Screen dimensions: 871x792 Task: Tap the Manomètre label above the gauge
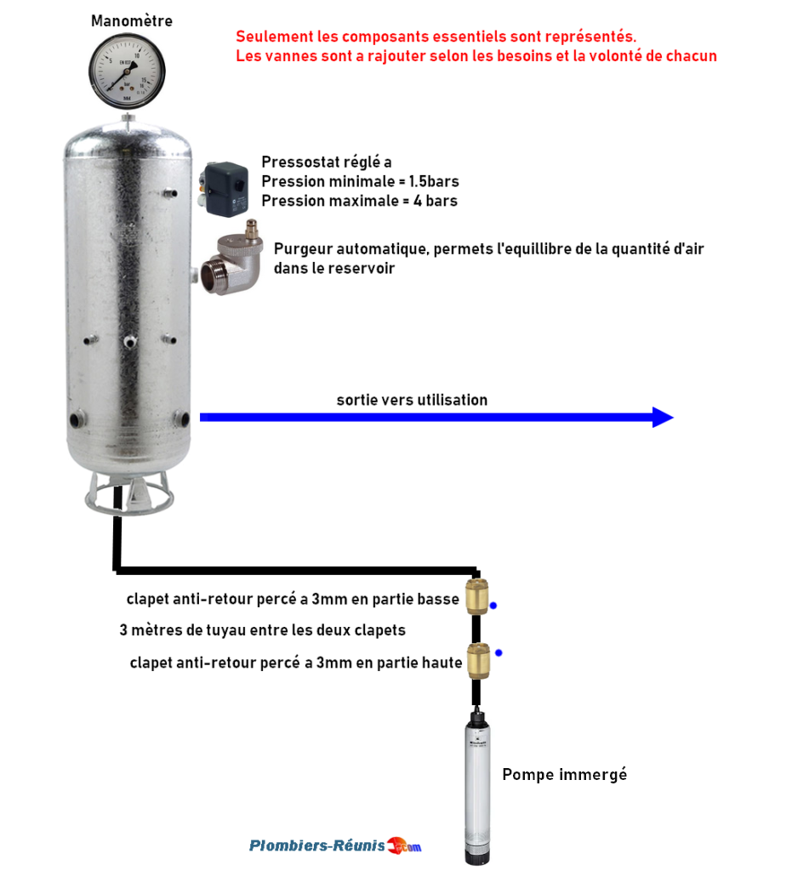pyautogui.click(x=131, y=20)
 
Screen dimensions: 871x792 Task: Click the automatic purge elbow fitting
pyautogui.click(x=231, y=260)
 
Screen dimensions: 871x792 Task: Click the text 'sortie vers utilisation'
pyautogui.click(x=412, y=400)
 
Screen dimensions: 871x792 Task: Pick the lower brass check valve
pyautogui.click(x=476, y=659)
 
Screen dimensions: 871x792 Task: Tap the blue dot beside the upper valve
pyautogui.click(x=493, y=606)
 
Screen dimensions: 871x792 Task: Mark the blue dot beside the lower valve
pyautogui.click(x=499, y=652)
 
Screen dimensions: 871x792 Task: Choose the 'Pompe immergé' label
pyautogui.click(x=564, y=775)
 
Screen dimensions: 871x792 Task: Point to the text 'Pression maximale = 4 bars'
pyautogui.click(x=359, y=202)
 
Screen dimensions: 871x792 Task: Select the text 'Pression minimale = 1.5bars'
pyautogui.click(x=360, y=182)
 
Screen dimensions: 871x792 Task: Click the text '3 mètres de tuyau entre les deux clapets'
pyautogui.click(x=263, y=631)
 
